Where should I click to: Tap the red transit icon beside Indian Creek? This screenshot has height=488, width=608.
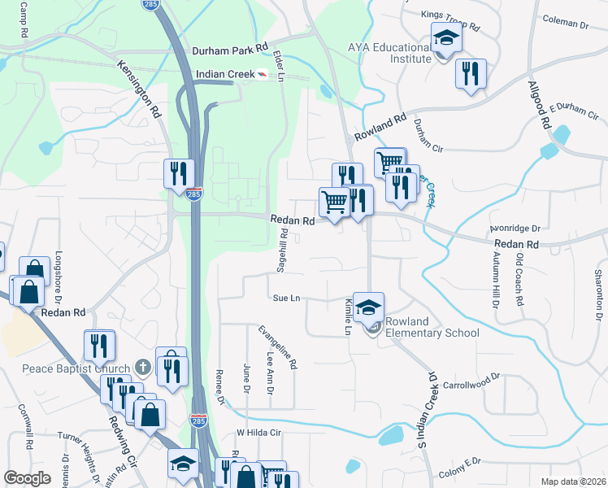click(x=263, y=75)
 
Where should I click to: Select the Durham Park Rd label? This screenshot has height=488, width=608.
click(x=230, y=50)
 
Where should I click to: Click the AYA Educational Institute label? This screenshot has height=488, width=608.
click(x=389, y=54)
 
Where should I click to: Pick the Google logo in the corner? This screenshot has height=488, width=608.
click(x=27, y=478)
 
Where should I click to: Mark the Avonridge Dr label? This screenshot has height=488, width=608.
click(x=521, y=229)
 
